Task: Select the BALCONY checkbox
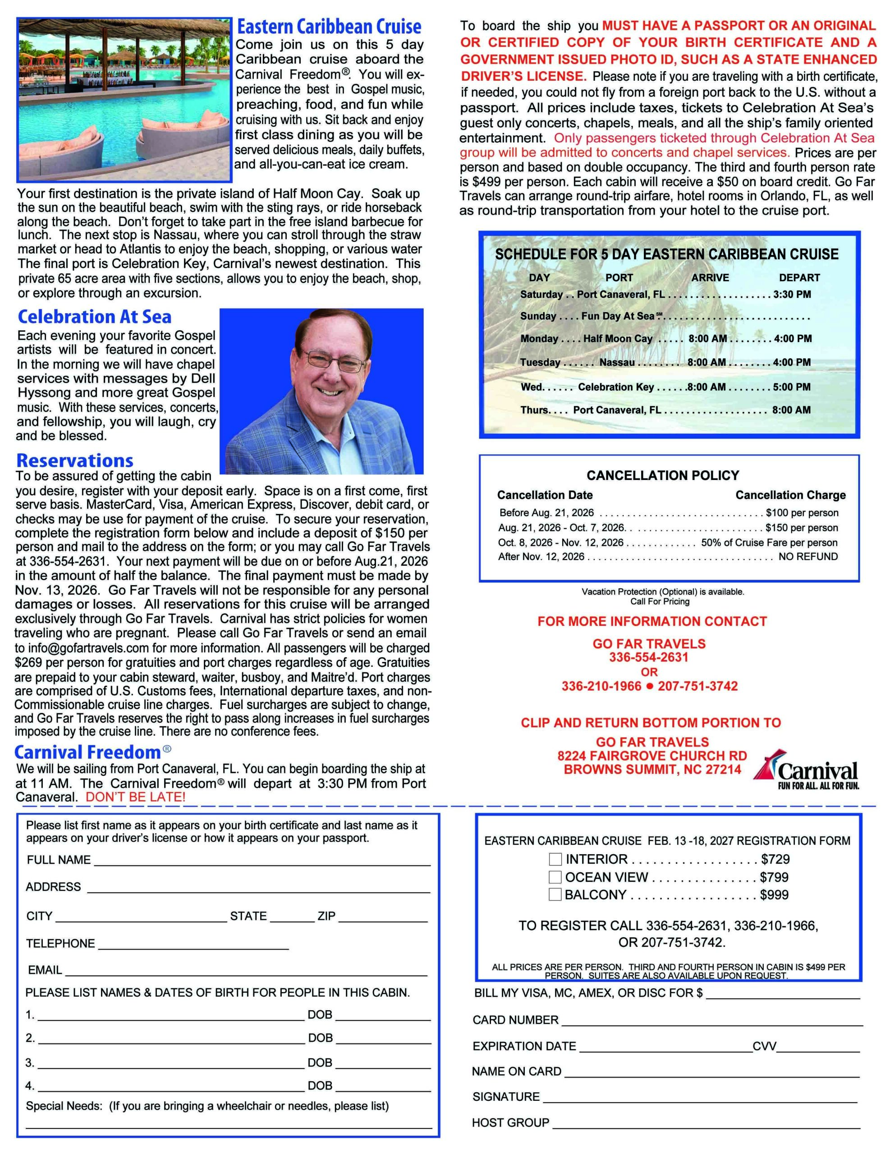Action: [555, 894]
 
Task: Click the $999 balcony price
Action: [774, 895]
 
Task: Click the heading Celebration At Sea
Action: [95, 317]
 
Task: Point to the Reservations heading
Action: [74, 460]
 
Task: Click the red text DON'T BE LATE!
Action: [135, 797]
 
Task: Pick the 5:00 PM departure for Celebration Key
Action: [791, 387]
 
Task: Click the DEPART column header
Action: [799, 277]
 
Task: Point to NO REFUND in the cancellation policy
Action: [808, 556]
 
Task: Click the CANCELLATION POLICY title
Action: [662, 476]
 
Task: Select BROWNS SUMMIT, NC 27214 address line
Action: [652, 769]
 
